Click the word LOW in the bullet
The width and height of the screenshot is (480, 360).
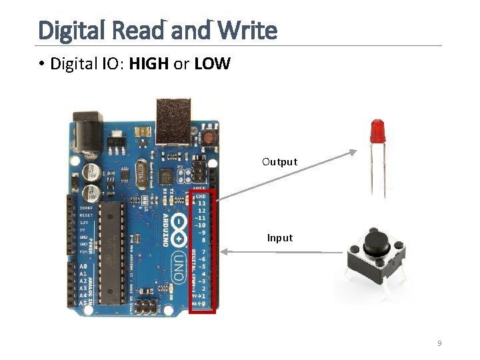tap(213, 64)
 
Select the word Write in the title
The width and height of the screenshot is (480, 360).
tap(247, 30)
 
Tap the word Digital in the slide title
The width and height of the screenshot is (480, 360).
tap(70, 30)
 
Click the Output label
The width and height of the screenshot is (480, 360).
tap(280, 162)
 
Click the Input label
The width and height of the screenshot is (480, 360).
tap(280, 238)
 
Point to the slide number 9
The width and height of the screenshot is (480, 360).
tap(439, 343)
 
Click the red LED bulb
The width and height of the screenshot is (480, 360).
tap(377, 130)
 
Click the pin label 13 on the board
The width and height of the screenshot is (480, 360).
tap(201, 203)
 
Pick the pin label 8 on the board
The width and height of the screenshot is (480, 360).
tap(202, 240)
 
